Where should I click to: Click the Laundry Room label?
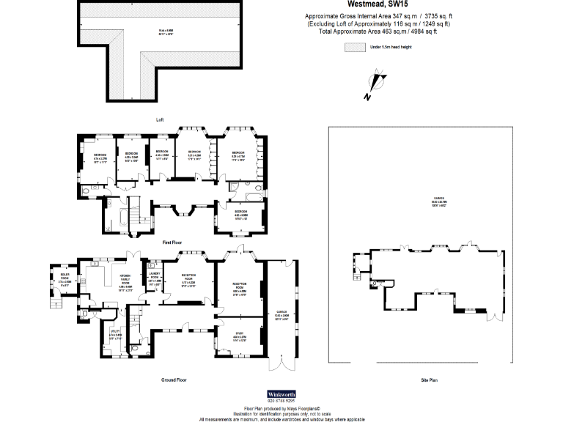click(x=155, y=279)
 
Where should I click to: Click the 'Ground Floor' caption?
click(x=174, y=380)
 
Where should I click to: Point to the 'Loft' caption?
click(x=160, y=119)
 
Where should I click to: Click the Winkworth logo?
click(x=281, y=394)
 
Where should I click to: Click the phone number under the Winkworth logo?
click(x=281, y=401)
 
